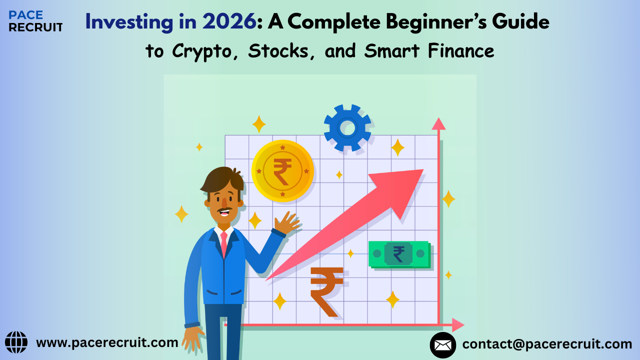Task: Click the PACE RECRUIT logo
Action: click(35, 21)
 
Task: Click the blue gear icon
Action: click(347, 128)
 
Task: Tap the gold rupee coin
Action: click(282, 171)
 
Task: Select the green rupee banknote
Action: click(399, 254)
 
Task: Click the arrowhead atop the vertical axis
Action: click(438, 123)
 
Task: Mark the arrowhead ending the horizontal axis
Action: click(458, 325)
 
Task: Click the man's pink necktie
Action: click(224, 242)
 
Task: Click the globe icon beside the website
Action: click(16, 342)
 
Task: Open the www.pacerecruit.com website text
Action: click(107, 342)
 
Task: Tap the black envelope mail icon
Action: click(442, 345)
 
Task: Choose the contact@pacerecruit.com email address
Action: click(547, 344)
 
